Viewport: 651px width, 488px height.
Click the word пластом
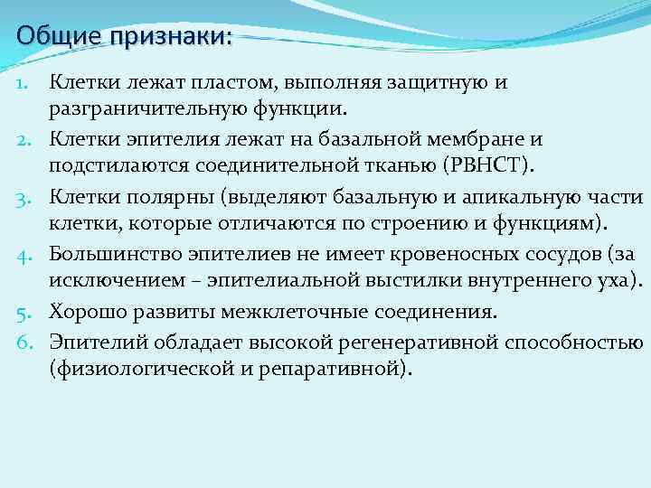(x=239, y=83)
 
